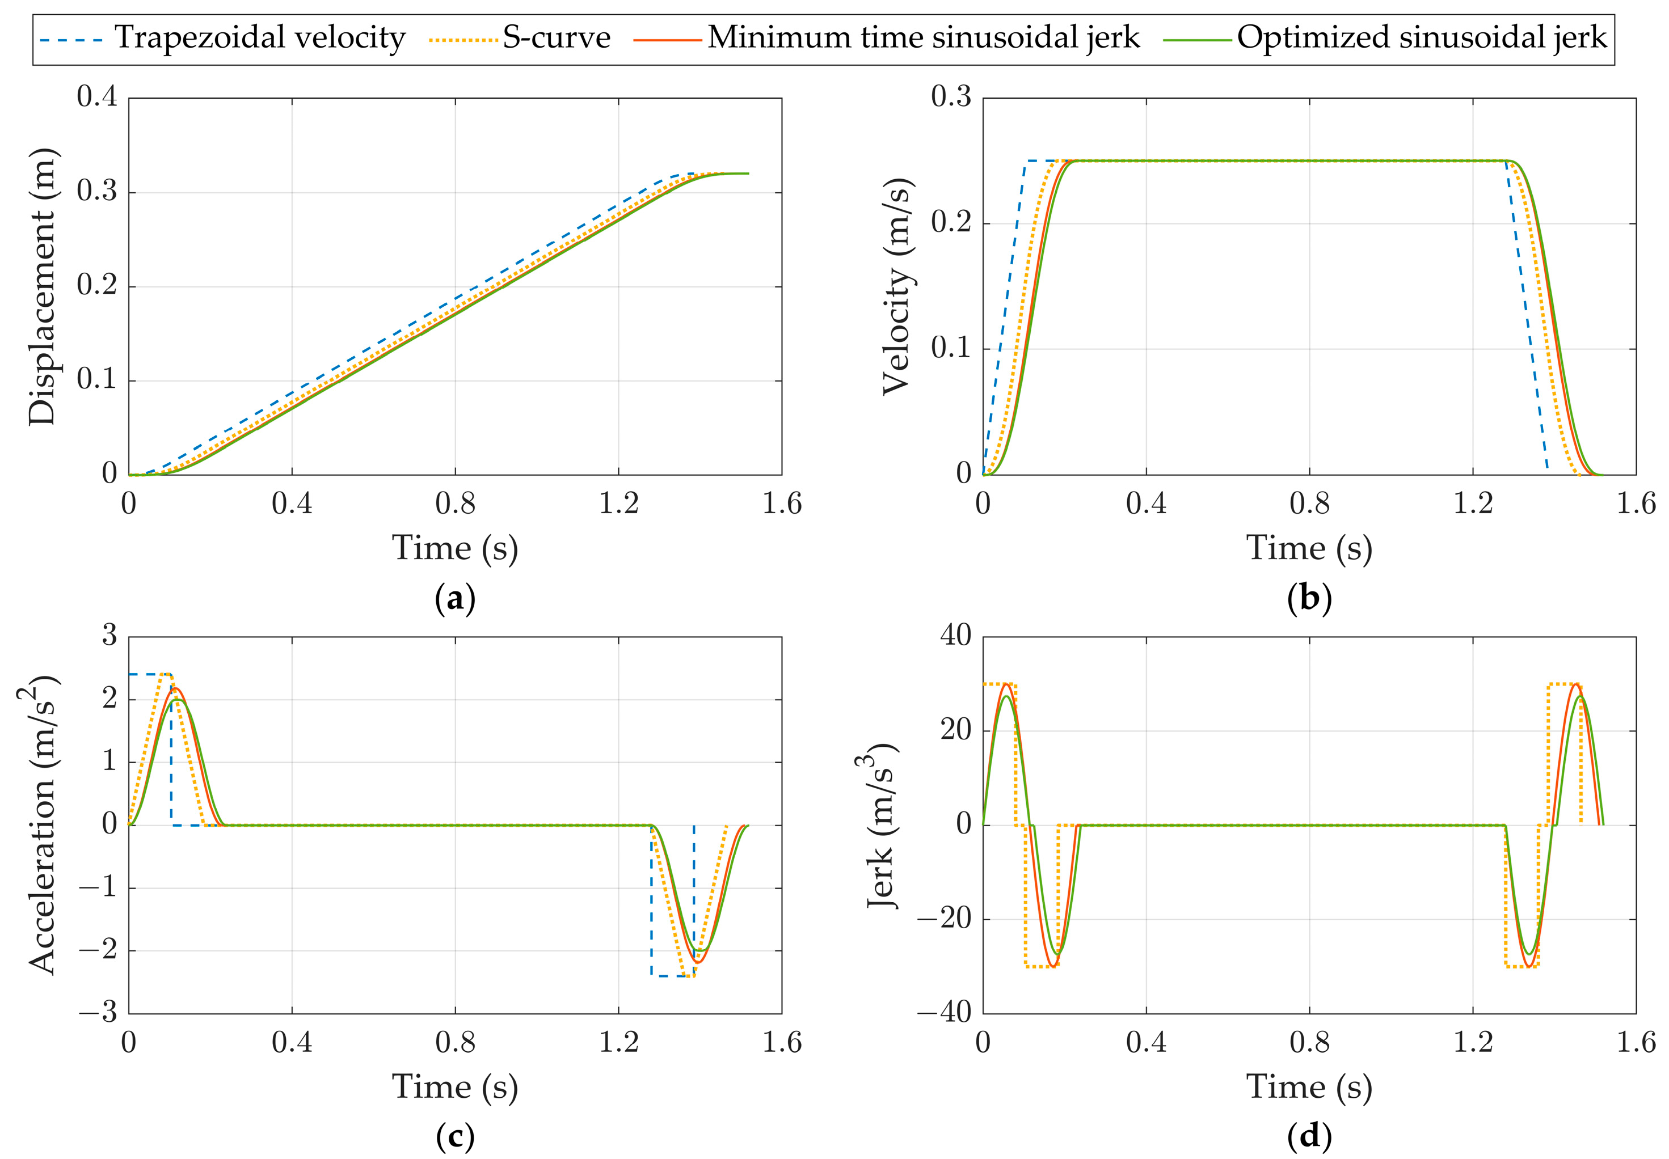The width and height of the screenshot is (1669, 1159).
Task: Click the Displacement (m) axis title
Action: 42,286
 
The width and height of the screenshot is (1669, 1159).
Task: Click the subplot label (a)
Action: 455,600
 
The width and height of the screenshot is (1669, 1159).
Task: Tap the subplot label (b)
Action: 1309,600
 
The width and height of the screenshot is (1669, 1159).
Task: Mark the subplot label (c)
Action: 455,1138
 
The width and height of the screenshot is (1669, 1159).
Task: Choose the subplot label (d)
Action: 1309,1138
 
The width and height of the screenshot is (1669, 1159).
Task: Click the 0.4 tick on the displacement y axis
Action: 96,96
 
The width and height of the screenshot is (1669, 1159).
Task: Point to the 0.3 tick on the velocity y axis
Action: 951,96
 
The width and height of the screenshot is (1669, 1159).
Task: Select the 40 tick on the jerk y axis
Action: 955,636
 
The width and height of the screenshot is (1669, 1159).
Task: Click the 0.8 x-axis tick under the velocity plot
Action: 1309,504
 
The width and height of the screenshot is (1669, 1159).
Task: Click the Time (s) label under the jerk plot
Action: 1309,1087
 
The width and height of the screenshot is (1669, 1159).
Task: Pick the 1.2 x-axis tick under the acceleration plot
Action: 618,1043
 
